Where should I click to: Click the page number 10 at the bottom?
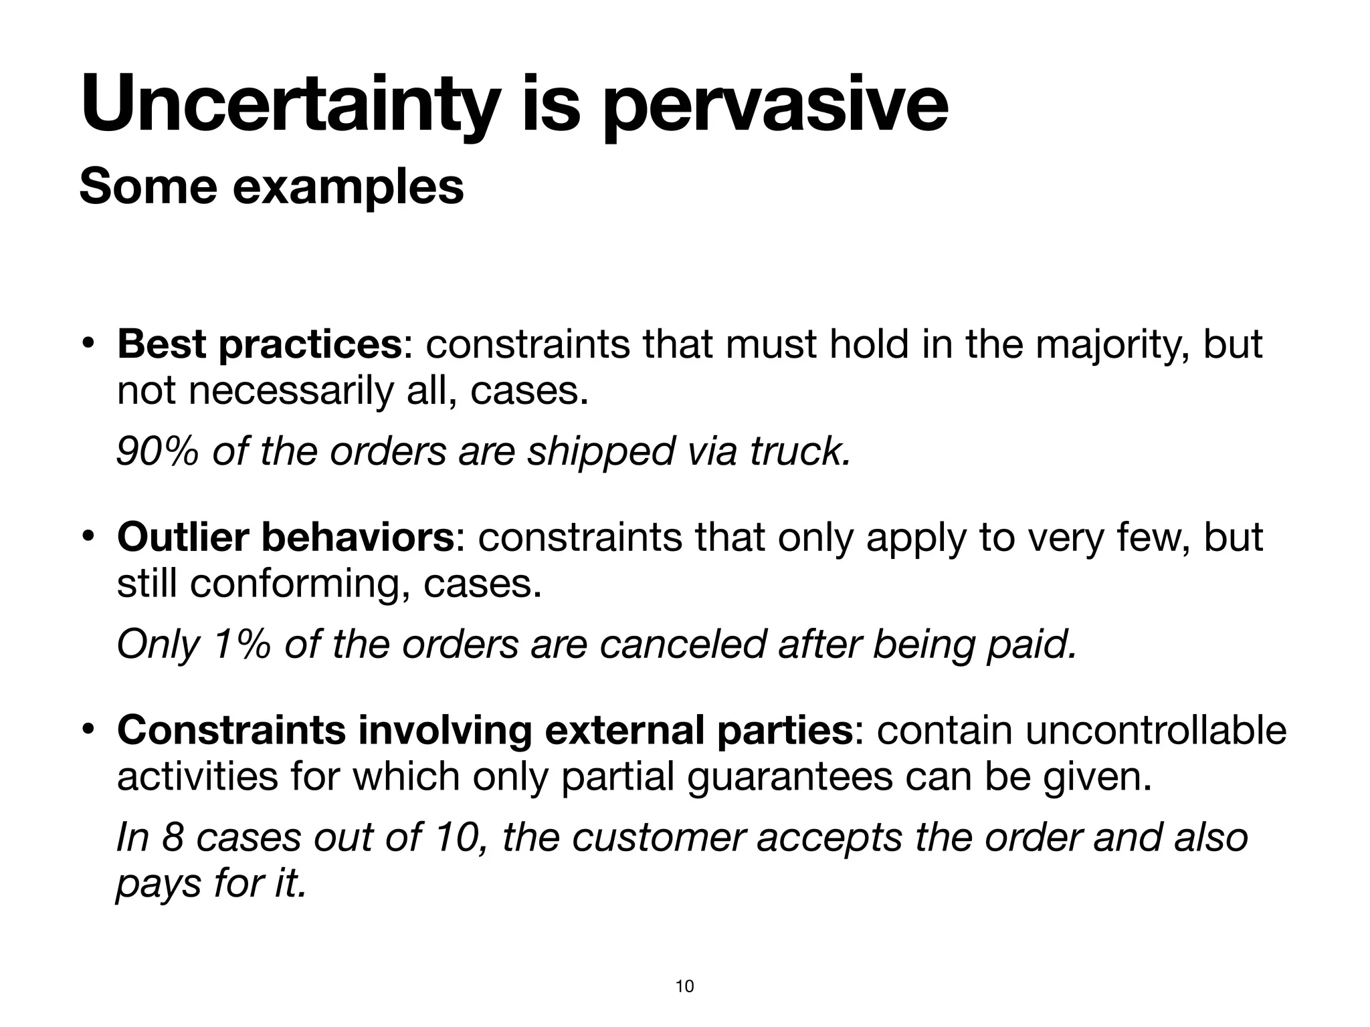[x=685, y=986]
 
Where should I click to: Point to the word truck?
[x=800, y=451]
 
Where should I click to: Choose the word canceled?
[x=682, y=645]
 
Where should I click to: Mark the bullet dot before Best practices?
[x=87, y=345]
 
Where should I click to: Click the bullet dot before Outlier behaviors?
[x=87, y=538]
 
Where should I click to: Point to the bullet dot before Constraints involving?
[x=87, y=730]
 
